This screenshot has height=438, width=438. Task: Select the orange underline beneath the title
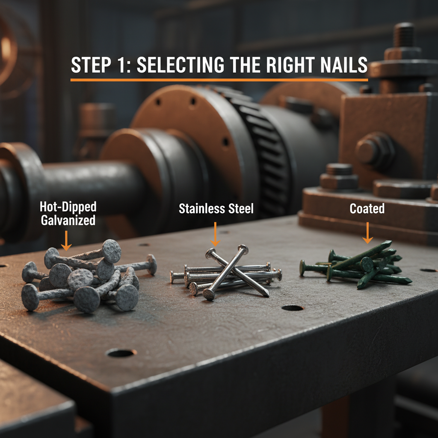tap(219, 80)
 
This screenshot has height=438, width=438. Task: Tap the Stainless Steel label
tap(216, 209)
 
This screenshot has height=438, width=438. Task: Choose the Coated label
tap(367, 209)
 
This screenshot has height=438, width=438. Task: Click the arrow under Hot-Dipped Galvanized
tap(66, 241)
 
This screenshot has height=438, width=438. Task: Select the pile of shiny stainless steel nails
tap(227, 274)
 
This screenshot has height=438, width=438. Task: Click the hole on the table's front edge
tap(121, 353)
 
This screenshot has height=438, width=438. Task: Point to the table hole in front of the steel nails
tap(293, 308)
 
